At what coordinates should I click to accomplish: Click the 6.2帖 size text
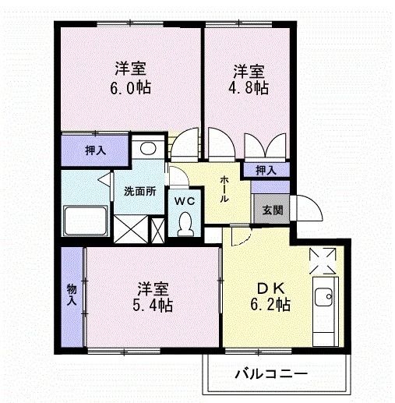270,304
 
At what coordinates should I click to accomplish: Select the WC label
184,200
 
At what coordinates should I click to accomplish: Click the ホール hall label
225,189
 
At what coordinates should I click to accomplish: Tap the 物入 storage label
71,293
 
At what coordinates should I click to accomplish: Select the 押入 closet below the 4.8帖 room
266,169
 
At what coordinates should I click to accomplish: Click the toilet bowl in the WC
185,224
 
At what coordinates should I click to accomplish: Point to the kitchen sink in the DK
323,297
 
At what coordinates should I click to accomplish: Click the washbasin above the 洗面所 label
146,148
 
